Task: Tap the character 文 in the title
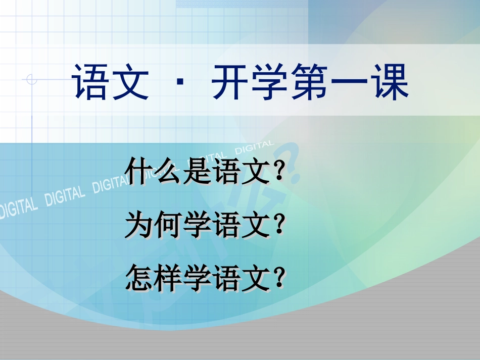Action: [x=130, y=82]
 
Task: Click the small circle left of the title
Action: [x=32, y=79]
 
